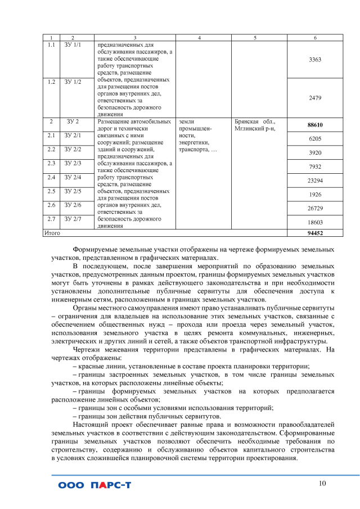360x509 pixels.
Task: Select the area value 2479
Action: tap(315, 97)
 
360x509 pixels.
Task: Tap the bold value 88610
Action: tap(315, 124)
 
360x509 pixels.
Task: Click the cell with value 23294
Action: tap(315, 181)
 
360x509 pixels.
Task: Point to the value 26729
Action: tap(315, 208)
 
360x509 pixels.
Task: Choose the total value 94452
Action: tap(315, 232)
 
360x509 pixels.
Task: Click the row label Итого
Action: tap(52, 232)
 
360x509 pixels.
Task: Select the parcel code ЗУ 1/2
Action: tap(73, 82)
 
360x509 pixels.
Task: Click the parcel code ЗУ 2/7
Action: tap(73, 218)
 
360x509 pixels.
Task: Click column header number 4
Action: tap(200, 37)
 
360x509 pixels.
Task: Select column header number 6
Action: tap(315, 37)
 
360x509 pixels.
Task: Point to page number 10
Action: tap(322, 484)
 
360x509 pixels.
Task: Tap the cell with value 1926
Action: tap(315, 195)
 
